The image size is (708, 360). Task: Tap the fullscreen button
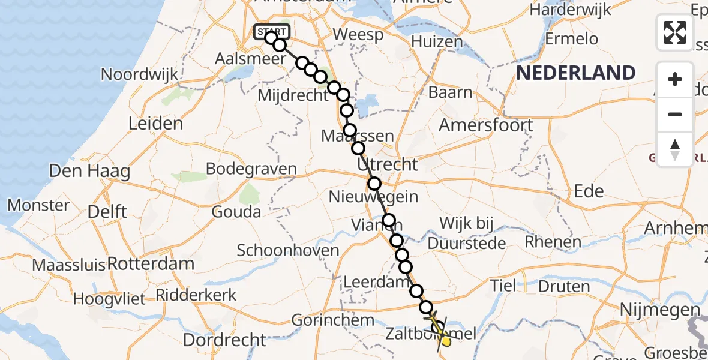click(675, 32)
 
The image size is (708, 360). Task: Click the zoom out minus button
click(675, 114)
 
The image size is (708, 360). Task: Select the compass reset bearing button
click(675, 149)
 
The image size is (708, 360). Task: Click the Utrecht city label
click(387, 164)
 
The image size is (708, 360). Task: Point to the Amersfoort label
click(486, 125)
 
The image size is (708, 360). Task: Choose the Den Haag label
click(90, 171)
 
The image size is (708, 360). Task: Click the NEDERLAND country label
click(575, 73)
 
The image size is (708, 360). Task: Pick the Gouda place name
click(236, 212)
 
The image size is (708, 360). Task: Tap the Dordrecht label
click(224, 340)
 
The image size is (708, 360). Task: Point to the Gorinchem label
click(333, 320)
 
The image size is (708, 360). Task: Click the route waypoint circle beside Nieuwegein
click(374, 184)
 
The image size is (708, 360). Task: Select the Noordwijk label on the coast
click(140, 74)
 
